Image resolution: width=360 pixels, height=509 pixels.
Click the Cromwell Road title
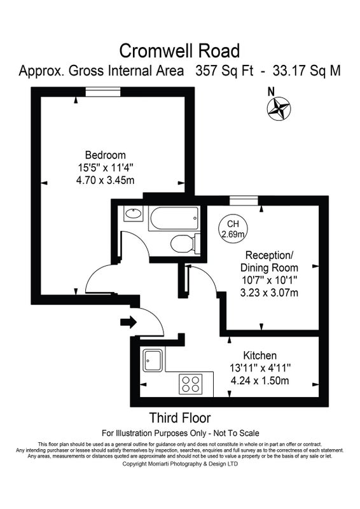pyautogui.click(x=179, y=51)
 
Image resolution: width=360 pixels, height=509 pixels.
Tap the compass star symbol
pyautogui.click(x=279, y=108)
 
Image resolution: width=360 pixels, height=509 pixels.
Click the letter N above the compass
pyautogui.click(x=271, y=92)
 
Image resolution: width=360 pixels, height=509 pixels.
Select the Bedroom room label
pyautogui.click(x=105, y=155)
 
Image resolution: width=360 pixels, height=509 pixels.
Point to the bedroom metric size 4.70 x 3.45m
pyautogui.click(x=105, y=180)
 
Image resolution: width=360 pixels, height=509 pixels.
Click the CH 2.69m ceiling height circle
pyautogui.click(x=233, y=228)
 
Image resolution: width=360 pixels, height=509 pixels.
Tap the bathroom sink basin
pyautogui.click(x=133, y=214)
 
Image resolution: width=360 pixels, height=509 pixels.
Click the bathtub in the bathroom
pyautogui.click(x=174, y=218)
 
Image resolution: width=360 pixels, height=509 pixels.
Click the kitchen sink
pyautogui.click(x=153, y=360)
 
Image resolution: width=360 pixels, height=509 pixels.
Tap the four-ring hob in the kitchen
pyautogui.click(x=191, y=384)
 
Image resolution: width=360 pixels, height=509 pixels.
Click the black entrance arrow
pyautogui.click(x=128, y=322)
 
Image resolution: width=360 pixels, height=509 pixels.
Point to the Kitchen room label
pyautogui.click(x=260, y=355)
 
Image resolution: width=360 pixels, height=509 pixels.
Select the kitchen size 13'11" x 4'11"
pyautogui.click(x=260, y=368)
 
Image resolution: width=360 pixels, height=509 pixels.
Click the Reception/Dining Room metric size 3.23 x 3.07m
pyautogui.click(x=269, y=293)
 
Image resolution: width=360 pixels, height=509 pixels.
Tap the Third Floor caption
pyautogui.click(x=180, y=418)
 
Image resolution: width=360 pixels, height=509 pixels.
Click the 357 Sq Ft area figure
pyautogui.click(x=225, y=71)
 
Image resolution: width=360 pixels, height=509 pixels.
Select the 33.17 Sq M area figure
pyautogui.click(x=307, y=71)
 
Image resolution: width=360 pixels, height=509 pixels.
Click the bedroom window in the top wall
pyautogui.click(x=103, y=92)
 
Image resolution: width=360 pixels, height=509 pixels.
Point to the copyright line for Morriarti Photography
pyautogui.click(x=180, y=464)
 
